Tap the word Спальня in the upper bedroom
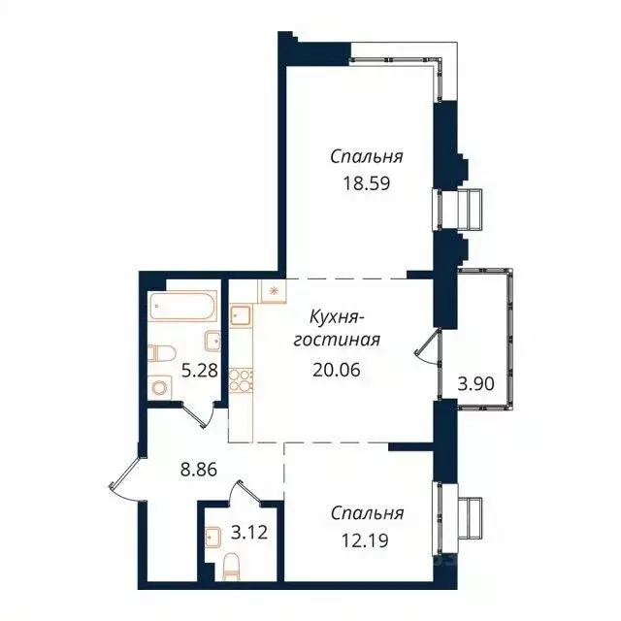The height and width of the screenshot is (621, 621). tap(366, 156)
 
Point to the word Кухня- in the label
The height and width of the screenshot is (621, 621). tap(336, 316)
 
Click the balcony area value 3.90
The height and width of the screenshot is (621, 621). tap(475, 383)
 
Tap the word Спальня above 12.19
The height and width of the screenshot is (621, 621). tap(366, 513)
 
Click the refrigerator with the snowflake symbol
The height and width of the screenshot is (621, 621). tap(272, 290)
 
